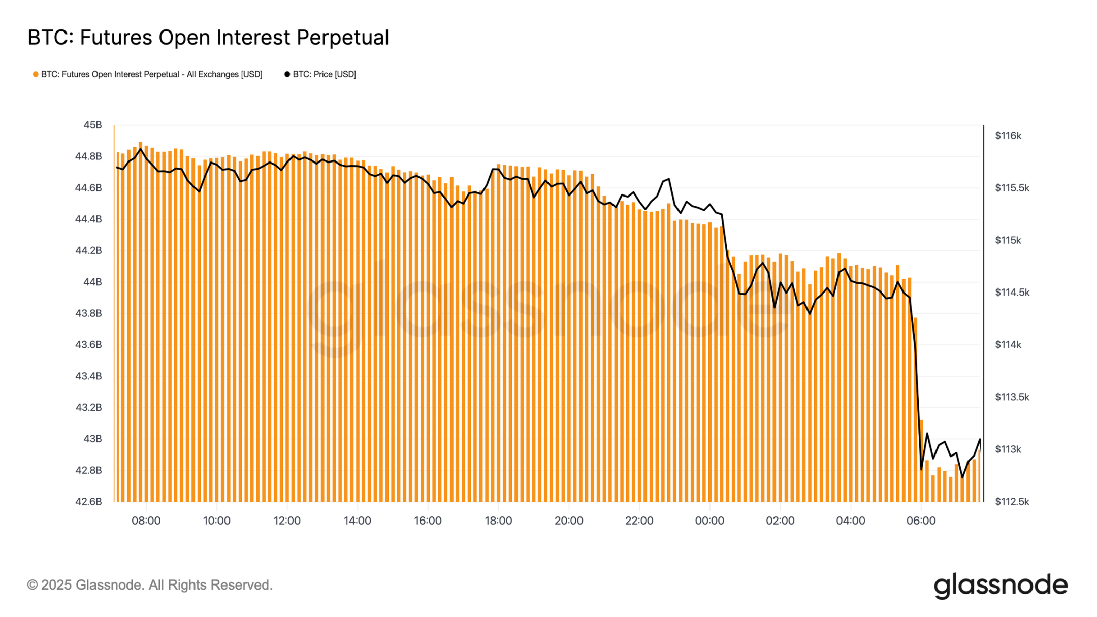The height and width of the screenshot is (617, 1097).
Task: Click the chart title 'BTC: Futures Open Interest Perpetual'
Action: click(x=208, y=38)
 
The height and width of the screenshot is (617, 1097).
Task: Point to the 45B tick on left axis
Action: click(x=92, y=125)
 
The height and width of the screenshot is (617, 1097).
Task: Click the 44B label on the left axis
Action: click(x=92, y=282)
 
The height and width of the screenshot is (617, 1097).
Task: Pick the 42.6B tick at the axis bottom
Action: click(x=89, y=502)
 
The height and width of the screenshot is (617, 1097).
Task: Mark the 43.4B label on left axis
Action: click(x=89, y=376)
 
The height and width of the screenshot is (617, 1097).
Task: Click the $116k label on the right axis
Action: click(x=1008, y=136)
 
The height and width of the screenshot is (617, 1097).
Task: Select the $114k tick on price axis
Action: click(x=1008, y=345)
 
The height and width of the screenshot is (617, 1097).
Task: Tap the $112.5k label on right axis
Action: click(x=1012, y=502)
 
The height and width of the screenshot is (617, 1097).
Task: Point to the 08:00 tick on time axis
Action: click(x=146, y=521)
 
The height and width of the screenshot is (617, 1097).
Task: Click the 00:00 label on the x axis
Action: click(x=709, y=521)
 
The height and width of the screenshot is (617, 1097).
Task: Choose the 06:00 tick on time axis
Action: click(x=921, y=521)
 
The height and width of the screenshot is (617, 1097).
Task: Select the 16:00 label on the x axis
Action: click(x=428, y=521)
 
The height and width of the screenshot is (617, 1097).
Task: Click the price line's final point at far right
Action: click(x=980, y=439)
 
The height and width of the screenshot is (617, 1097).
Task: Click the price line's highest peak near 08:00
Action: click(x=141, y=149)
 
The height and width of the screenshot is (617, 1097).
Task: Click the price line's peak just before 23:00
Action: click(x=669, y=179)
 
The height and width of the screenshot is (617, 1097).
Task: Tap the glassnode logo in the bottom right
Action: click(x=1000, y=586)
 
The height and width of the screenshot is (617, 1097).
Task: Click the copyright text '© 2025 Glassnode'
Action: click(x=150, y=585)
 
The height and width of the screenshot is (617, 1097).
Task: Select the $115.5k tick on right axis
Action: click(x=1012, y=188)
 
